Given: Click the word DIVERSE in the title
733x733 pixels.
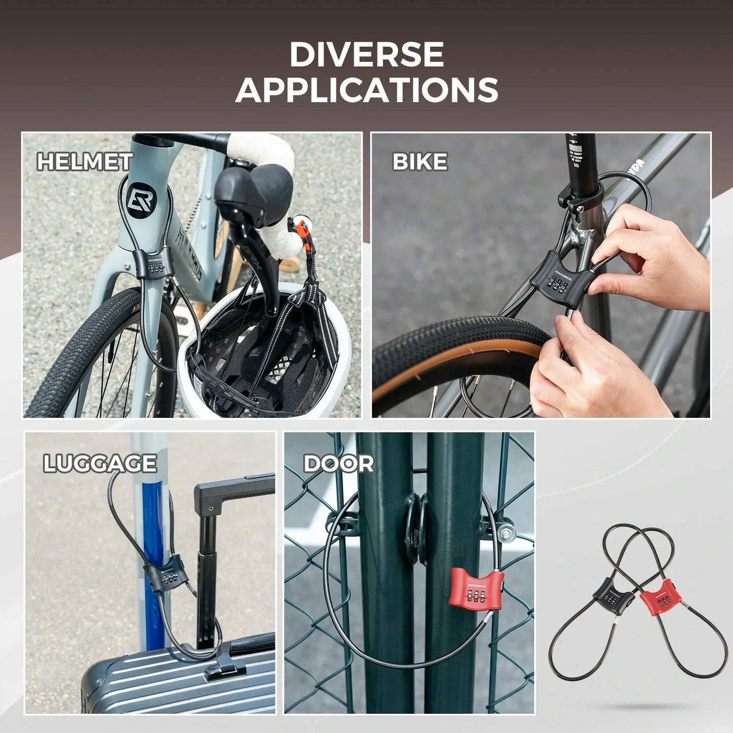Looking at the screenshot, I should tap(366, 55).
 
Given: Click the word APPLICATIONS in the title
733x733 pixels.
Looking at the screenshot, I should tap(366, 90).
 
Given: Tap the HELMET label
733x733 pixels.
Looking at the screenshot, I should tap(85, 162).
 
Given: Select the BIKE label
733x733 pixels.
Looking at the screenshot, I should tap(420, 162).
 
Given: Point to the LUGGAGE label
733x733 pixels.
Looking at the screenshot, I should tap(100, 464).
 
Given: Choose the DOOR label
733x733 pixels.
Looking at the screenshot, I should tap(338, 464).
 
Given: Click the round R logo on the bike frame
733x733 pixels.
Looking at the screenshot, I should tap(141, 200).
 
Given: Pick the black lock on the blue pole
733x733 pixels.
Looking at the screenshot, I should tap(166, 576).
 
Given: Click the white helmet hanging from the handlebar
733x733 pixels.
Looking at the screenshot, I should tap(264, 355).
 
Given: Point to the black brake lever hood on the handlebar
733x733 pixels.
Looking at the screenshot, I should tap(254, 193).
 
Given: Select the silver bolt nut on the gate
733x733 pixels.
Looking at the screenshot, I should tap(506, 533).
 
